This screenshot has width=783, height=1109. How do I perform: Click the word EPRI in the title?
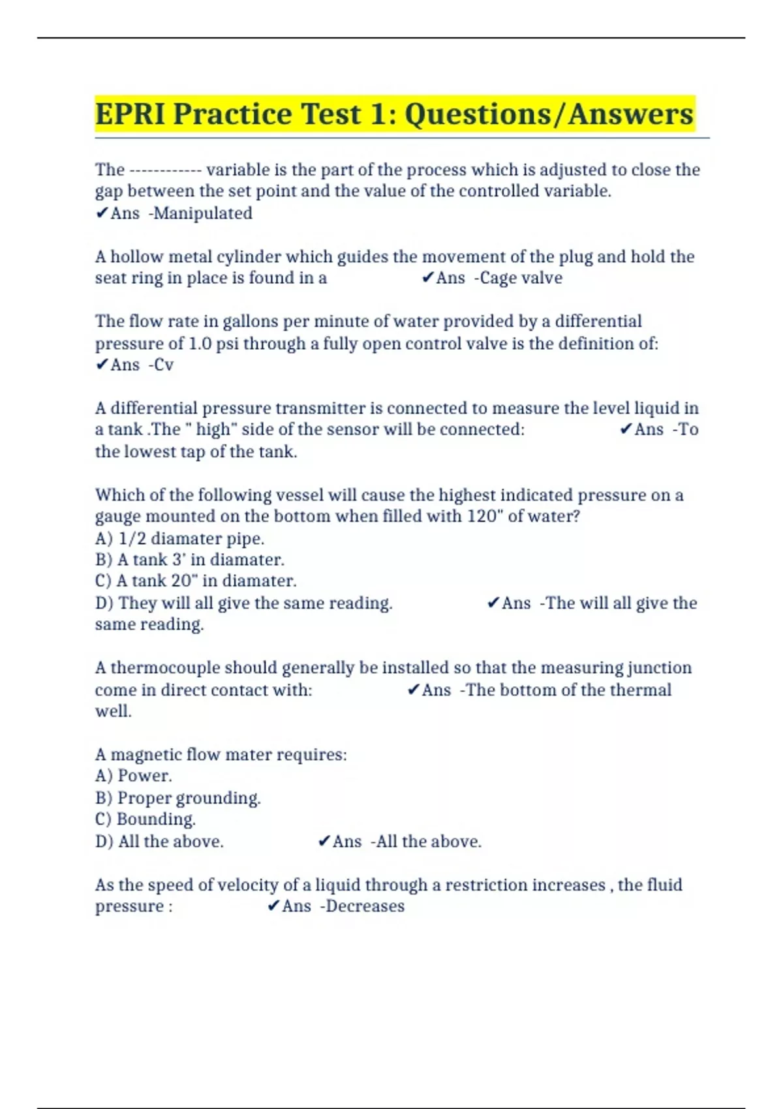pos(130,114)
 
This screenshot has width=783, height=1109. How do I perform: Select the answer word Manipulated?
pos(202,213)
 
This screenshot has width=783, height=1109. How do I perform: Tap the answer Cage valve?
pos(521,278)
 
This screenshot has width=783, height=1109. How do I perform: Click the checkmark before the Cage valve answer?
pos(427,278)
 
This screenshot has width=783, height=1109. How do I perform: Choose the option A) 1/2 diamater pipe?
pos(179,538)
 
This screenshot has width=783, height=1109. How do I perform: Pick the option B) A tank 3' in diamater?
pos(189,560)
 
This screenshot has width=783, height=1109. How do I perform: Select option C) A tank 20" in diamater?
pos(196,581)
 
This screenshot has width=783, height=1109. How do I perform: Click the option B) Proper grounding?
pos(177,798)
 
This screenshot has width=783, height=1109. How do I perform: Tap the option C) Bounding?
pos(145,819)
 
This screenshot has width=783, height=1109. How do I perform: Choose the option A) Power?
pos(133,776)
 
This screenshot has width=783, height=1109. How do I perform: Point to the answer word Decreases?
pos(365,906)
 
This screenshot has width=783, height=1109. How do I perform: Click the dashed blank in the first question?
pos(165,170)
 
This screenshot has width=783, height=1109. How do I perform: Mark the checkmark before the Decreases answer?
pos(273,906)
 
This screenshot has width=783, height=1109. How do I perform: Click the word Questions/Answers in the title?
pos(549,114)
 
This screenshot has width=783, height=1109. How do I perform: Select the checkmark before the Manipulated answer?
pos(102,213)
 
